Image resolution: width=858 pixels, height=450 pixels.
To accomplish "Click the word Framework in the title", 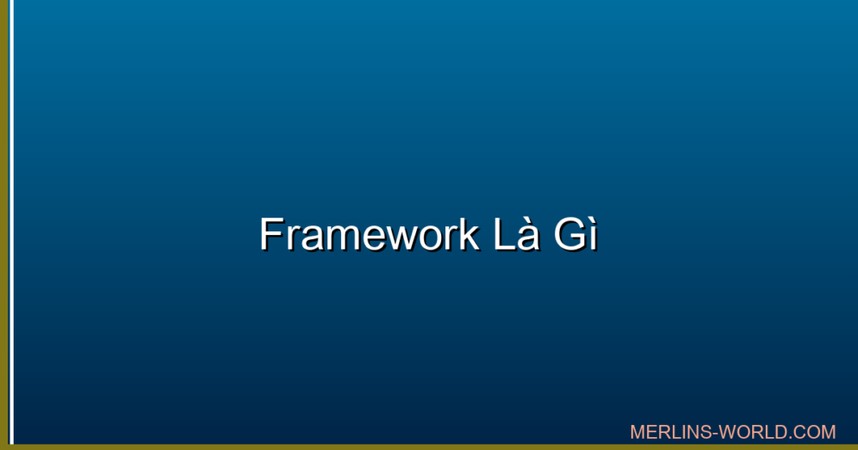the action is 370,234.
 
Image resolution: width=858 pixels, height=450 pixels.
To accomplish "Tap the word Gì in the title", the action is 575,234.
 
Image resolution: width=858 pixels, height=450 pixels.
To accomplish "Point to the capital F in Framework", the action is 271,234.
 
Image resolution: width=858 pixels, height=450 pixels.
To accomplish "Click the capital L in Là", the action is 504,234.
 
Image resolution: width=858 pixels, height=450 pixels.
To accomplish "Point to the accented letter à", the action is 528,235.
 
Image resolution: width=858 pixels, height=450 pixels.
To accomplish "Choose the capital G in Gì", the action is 569,234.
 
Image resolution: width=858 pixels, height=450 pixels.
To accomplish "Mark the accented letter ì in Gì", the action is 592,235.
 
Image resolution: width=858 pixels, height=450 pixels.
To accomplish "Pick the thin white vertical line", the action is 11,222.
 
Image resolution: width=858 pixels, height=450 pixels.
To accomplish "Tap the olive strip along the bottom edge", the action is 429,447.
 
